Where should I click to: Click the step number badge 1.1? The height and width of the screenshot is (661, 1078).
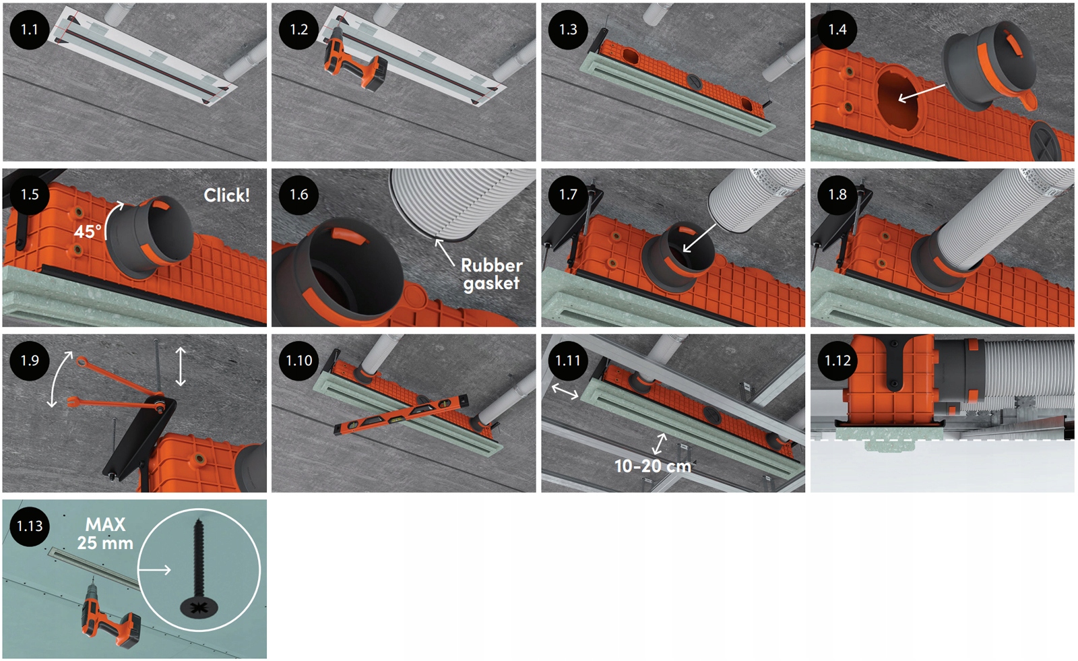(x=30, y=30)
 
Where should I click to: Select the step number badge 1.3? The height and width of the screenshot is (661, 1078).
(x=568, y=30)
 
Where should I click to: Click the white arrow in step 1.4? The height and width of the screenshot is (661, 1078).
(x=922, y=93)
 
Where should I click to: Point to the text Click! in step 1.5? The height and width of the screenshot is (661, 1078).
(x=226, y=195)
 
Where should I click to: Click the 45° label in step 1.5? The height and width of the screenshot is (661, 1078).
(x=88, y=232)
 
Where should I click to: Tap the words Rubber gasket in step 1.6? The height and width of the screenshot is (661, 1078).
(x=491, y=274)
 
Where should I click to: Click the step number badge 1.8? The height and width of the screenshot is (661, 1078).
(x=837, y=195)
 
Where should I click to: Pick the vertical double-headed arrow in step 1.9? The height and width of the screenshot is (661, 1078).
(x=180, y=367)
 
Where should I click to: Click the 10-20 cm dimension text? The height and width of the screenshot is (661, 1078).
(x=653, y=466)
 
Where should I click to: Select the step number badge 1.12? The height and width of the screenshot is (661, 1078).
(x=837, y=360)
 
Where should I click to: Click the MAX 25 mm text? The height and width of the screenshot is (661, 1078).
(x=105, y=534)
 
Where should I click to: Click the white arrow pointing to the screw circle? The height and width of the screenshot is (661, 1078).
(x=154, y=570)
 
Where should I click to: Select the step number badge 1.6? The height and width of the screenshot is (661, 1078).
(x=298, y=195)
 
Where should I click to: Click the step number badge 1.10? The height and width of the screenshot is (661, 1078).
(x=298, y=360)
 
